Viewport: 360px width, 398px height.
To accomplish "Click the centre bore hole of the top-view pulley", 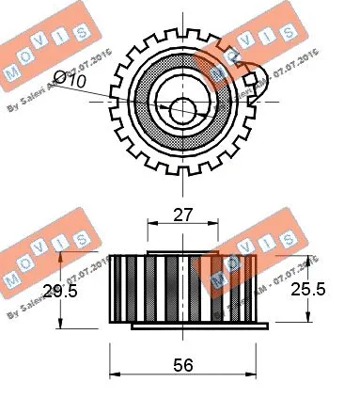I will point(182,103).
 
